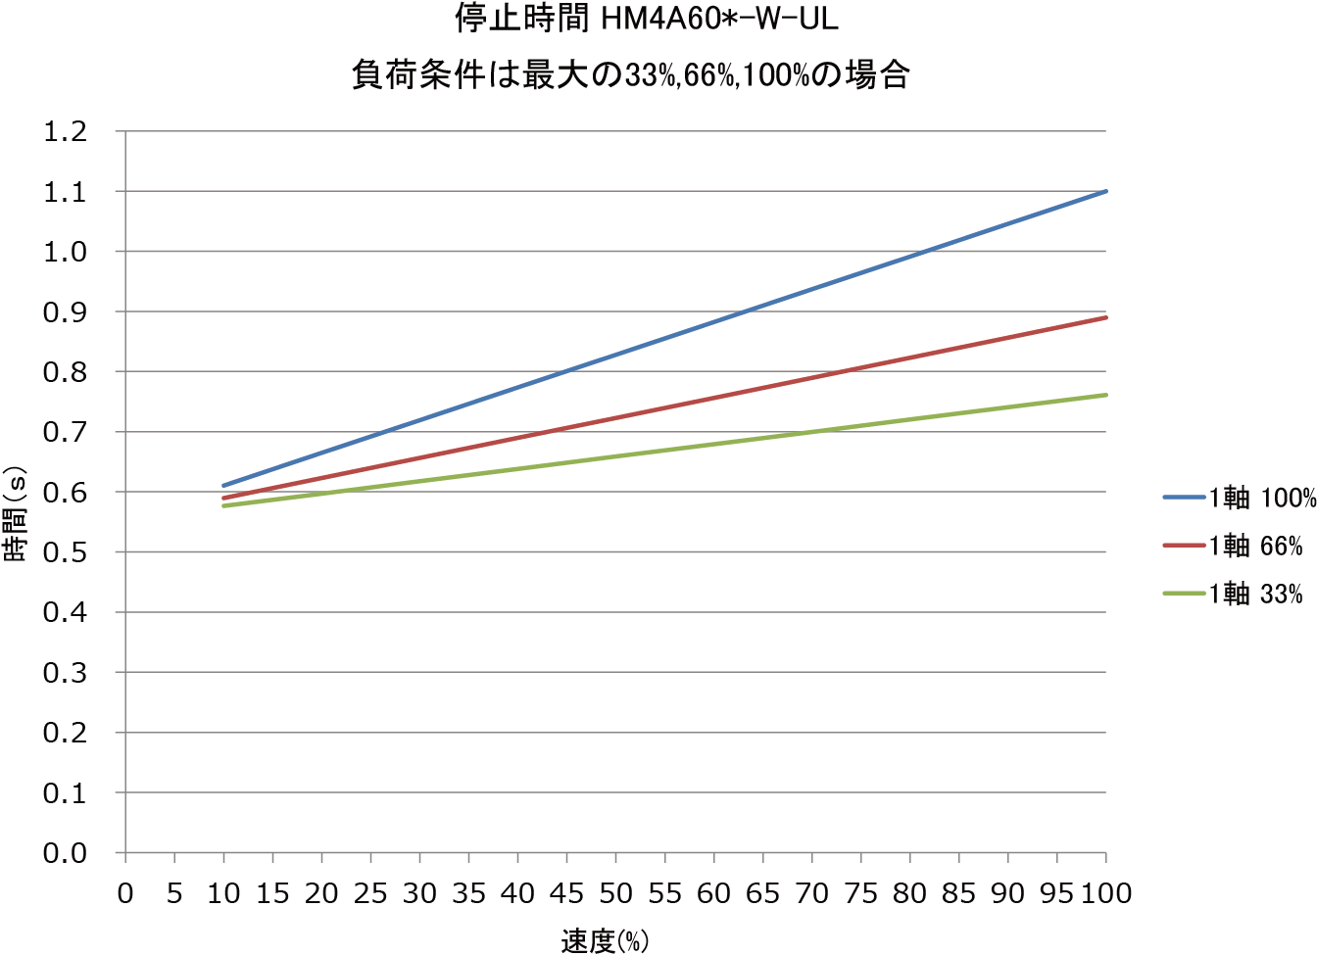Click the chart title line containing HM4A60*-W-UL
click(648, 19)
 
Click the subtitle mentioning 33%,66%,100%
click(631, 74)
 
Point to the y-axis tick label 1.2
click(66, 131)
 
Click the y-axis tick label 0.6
click(66, 493)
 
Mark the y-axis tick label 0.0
click(66, 853)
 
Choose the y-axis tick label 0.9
click(66, 311)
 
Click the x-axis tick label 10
click(223, 893)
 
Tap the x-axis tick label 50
click(615, 893)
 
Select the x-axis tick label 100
click(1105, 893)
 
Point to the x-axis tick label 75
click(860, 893)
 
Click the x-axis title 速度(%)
click(605, 941)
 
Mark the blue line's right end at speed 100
click(1105, 191)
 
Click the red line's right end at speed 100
click(1105, 317)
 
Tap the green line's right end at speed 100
click(1105, 395)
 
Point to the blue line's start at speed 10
click(224, 485)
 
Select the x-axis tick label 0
click(125, 893)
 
